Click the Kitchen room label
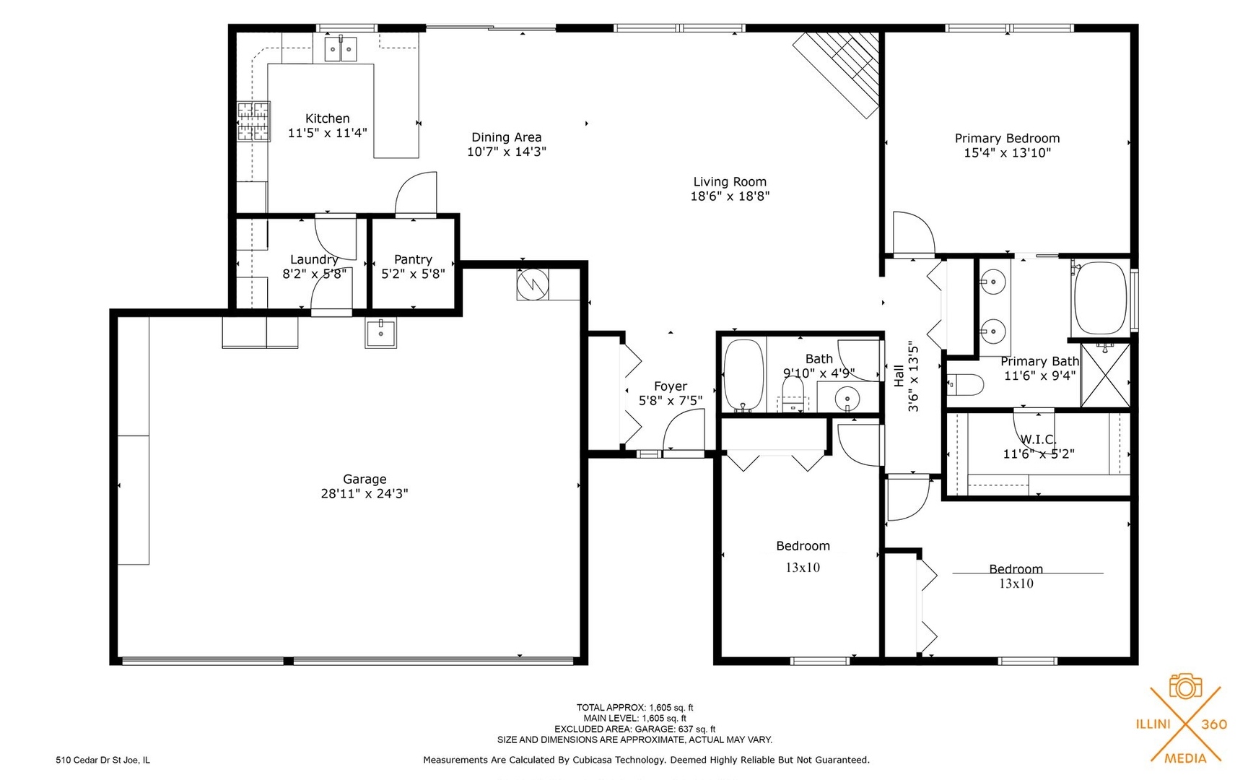[x=327, y=118]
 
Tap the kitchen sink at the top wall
[x=340, y=49]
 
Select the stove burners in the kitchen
[x=253, y=121]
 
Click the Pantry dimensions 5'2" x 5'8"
[x=413, y=274]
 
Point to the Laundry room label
[x=313, y=259]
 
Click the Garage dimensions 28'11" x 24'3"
[x=365, y=494]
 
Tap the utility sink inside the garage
[x=380, y=334]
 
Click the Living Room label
[x=730, y=182]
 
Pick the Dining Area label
[x=506, y=137]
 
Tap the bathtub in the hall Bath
[x=743, y=374]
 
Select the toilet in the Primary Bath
[x=966, y=384]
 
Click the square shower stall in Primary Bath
[x=1105, y=375]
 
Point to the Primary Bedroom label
[x=1007, y=138]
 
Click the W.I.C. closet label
[x=1038, y=439]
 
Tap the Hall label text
[x=899, y=375]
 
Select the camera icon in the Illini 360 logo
[x=1185, y=686]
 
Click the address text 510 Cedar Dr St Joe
[x=103, y=760]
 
